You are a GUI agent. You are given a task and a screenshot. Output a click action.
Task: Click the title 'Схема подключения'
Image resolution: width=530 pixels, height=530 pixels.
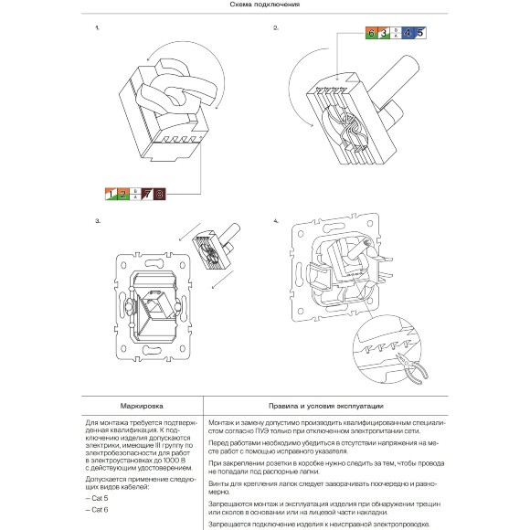[x=264, y=5]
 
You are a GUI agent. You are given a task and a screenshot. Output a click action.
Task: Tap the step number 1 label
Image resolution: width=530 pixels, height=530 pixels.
[x=97, y=28]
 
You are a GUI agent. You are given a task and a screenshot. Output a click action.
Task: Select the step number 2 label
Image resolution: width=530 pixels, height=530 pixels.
[x=275, y=28]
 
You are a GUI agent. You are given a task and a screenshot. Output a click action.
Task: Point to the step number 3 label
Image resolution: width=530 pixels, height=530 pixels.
[x=97, y=222]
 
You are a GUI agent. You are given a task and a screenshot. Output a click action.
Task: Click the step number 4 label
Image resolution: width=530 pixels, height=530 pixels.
[x=275, y=222]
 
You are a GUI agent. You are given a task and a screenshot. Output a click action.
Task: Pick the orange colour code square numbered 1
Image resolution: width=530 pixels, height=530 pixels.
[x=111, y=194]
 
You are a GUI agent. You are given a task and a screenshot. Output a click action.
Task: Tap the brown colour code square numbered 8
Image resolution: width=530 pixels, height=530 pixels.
[x=160, y=194]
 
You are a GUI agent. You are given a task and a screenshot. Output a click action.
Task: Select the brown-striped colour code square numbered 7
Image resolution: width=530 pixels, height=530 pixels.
[x=148, y=194]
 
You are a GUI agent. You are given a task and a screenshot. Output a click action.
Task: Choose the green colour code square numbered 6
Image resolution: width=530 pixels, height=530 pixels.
[x=372, y=34]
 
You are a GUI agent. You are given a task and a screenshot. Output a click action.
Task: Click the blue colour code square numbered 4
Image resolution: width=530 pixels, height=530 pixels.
[x=408, y=34]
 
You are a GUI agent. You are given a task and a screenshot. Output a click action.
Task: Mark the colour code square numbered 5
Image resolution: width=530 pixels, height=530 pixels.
[x=419, y=34]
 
